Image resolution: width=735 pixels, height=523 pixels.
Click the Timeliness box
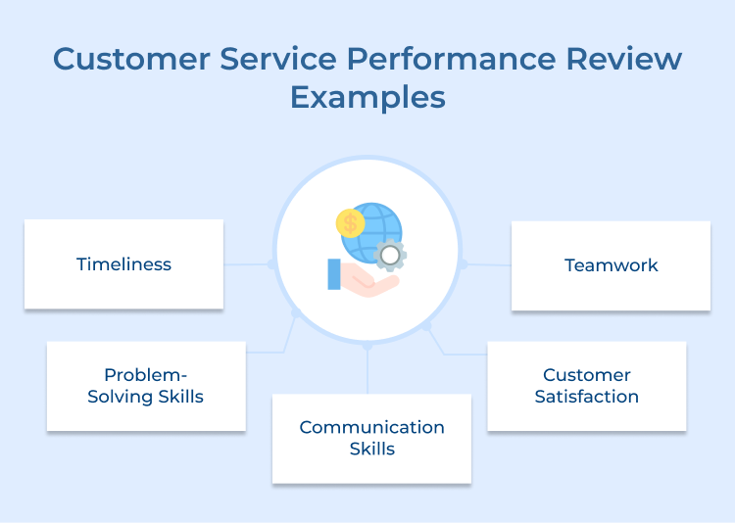[x=123, y=264]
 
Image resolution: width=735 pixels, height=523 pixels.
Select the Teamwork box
[x=611, y=265]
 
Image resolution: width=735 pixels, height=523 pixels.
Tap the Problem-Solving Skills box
[x=146, y=386]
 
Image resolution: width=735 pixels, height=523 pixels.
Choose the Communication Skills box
[x=371, y=438]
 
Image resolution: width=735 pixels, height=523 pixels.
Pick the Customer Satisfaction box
[x=586, y=386]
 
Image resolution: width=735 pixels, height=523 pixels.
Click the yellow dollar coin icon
[x=350, y=223]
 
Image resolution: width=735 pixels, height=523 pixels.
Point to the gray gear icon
[x=390, y=255]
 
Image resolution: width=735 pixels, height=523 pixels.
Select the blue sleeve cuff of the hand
[x=334, y=274]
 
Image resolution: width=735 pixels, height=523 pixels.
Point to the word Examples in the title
[x=367, y=98]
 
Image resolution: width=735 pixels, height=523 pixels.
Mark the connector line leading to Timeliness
[x=247, y=264]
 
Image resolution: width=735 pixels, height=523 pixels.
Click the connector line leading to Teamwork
[x=487, y=264]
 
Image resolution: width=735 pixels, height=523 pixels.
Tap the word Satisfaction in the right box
[x=586, y=397]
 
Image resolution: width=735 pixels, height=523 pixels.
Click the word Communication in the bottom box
[x=371, y=427]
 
